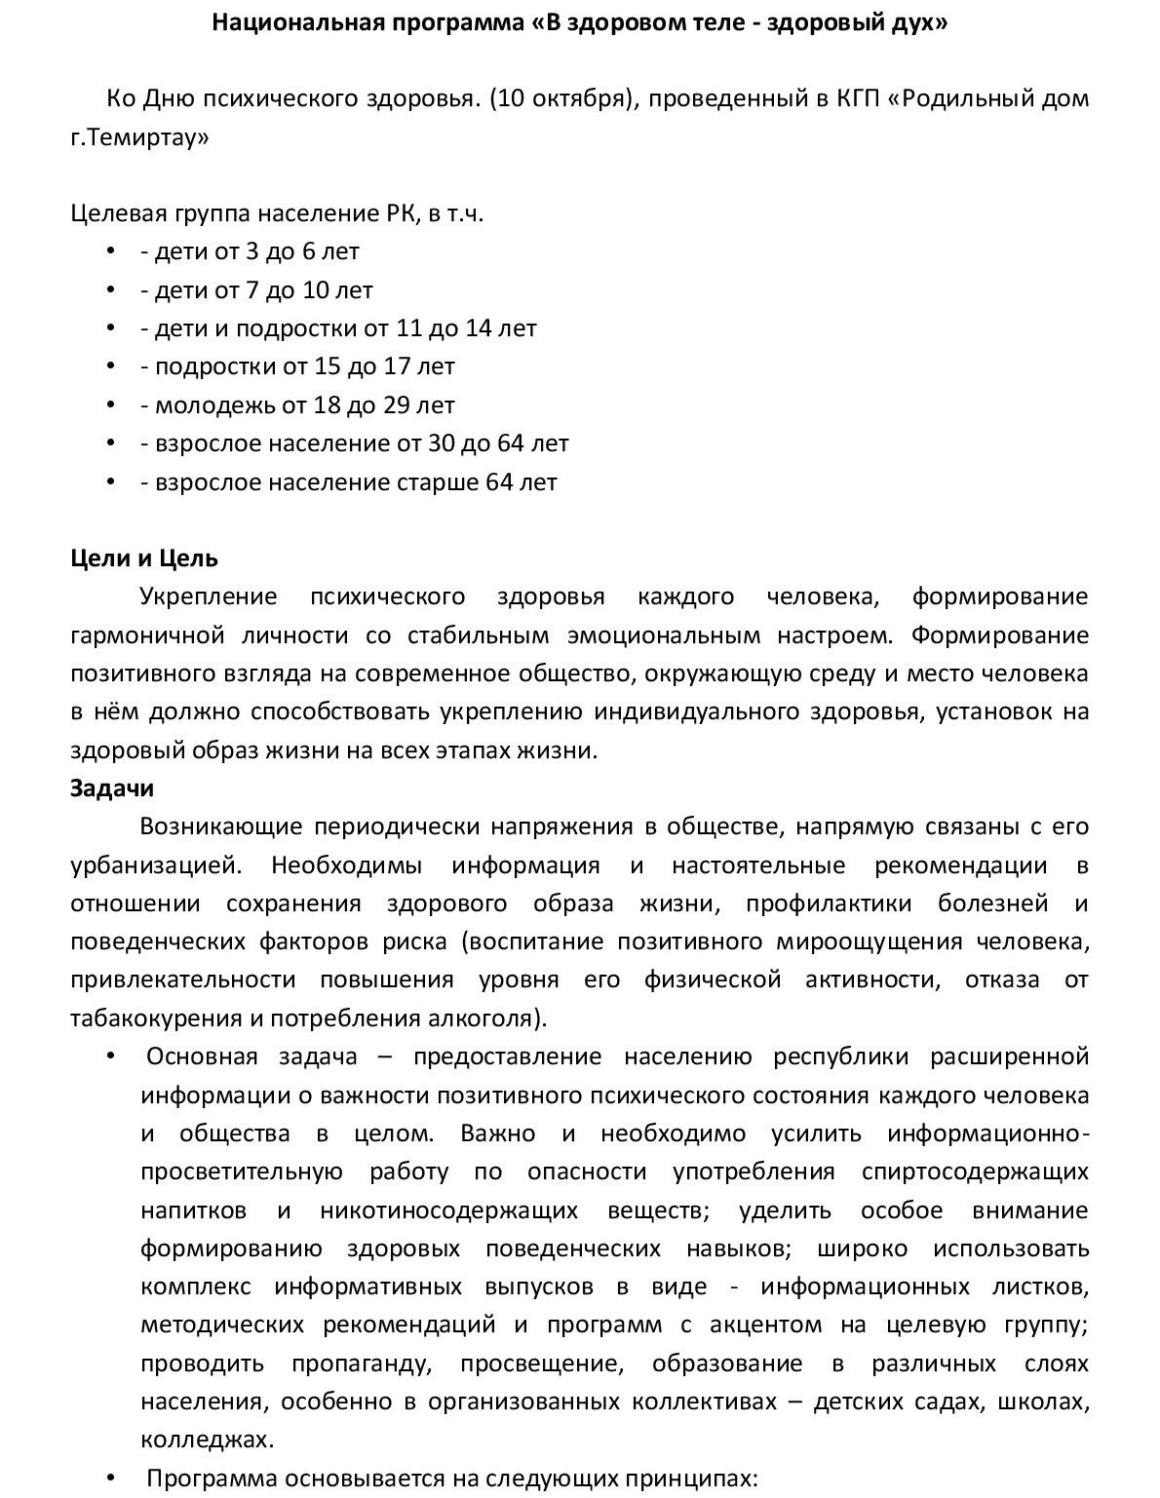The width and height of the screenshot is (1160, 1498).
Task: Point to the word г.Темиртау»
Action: click(x=139, y=137)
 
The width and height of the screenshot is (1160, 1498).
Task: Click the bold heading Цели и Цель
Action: click(x=144, y=558)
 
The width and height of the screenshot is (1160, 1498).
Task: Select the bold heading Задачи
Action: click(x=112, y=787)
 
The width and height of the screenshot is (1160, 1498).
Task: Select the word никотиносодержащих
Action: click(x=448, y=1210)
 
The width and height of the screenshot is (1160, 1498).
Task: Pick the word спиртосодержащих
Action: click(x=975, y=1171)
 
